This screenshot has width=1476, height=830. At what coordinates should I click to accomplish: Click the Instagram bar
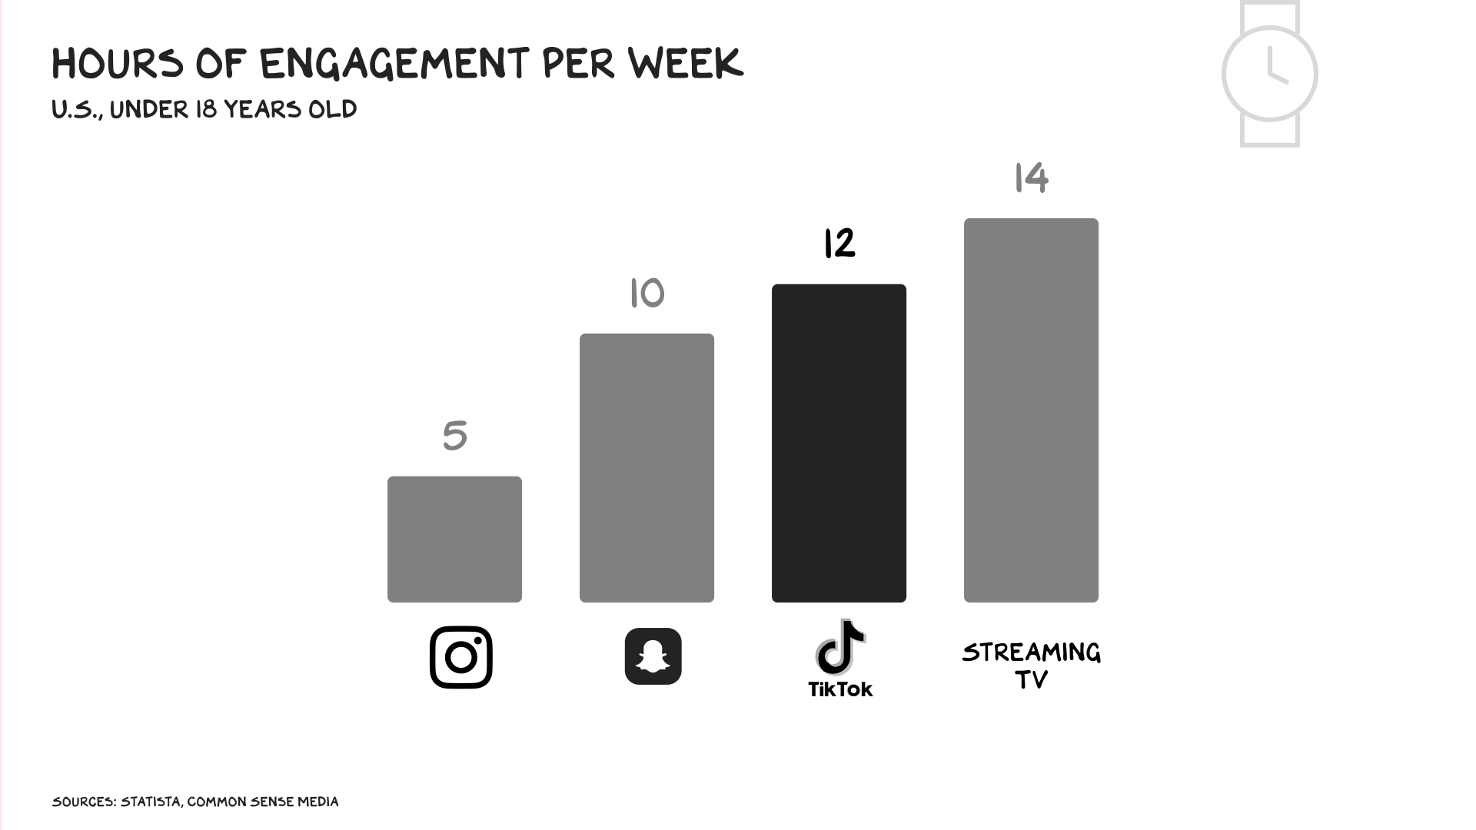(454, 539)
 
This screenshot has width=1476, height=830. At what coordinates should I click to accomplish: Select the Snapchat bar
(647, 467)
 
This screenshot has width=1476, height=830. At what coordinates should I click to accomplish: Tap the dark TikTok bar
(839, 443)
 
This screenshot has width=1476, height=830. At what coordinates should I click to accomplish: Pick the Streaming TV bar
(1031, 410)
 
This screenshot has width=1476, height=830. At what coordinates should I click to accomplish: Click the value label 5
(454, 436)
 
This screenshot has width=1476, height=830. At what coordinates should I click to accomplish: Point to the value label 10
(647, 293)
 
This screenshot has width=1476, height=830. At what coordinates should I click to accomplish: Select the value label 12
(839, 243)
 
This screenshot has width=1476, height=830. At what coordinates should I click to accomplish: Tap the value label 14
(1031, 178)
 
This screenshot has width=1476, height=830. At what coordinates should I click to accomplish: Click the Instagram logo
(460, 657)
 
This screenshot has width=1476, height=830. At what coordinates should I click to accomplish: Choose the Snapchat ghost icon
(653, 656)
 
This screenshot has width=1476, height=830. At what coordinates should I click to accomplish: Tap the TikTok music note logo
(839, 647)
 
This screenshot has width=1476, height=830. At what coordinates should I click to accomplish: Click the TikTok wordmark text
(840, 689)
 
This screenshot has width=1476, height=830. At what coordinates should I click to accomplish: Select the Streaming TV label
(1031, 666)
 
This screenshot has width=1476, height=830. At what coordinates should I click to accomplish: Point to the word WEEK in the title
(685, 64)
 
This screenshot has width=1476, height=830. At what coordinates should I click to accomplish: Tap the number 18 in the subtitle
(205, 110)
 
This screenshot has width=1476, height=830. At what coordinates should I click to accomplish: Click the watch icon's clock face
(1269, 74)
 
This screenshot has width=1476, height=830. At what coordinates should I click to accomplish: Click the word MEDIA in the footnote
(317, 802)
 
